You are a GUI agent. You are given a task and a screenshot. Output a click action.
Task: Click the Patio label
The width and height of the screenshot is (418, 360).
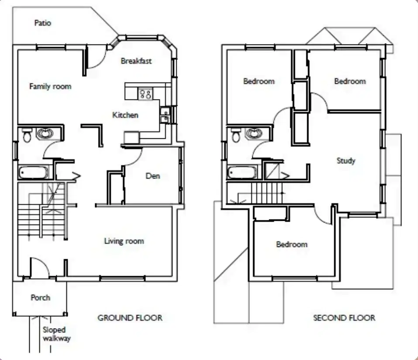point(43,23)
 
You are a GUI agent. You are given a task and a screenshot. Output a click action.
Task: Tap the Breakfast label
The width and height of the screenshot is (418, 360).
point(136,61)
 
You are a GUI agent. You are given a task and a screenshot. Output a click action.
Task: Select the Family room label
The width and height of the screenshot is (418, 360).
point(50,86)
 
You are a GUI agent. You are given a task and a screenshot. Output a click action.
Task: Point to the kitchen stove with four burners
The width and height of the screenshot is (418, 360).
point(146,94)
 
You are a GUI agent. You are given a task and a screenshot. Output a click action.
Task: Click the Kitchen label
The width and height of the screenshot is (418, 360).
point(125,115)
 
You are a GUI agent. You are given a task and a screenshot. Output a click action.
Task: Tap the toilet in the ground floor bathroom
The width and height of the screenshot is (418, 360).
point(27,135)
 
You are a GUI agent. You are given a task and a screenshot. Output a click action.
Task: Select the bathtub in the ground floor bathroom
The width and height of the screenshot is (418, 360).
point(33,172)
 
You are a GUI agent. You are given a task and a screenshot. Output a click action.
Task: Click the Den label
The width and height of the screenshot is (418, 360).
point(153,176)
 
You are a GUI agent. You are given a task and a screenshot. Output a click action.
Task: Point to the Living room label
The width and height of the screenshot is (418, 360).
point(124,241)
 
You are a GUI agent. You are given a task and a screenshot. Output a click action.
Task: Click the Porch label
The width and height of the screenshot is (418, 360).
point(41,298)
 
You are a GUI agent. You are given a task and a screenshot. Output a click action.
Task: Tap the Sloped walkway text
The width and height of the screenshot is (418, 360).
point(57,334)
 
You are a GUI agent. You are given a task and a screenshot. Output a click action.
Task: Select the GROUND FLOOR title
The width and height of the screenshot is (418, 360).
point(130,318)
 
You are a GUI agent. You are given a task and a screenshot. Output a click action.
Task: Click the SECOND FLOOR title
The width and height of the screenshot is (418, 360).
point(344,318)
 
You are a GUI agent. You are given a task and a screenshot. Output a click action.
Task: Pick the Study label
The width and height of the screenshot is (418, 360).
point(346,161)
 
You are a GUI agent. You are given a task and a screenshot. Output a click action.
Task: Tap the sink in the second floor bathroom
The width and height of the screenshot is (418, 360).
point(253,134)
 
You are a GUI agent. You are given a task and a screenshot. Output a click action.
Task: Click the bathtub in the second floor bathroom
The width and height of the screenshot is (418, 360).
point(242,172)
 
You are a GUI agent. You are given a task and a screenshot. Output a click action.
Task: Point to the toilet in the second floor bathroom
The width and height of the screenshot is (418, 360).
point(236,135)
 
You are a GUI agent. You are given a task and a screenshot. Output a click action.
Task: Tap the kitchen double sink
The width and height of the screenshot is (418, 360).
point(165,115)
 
